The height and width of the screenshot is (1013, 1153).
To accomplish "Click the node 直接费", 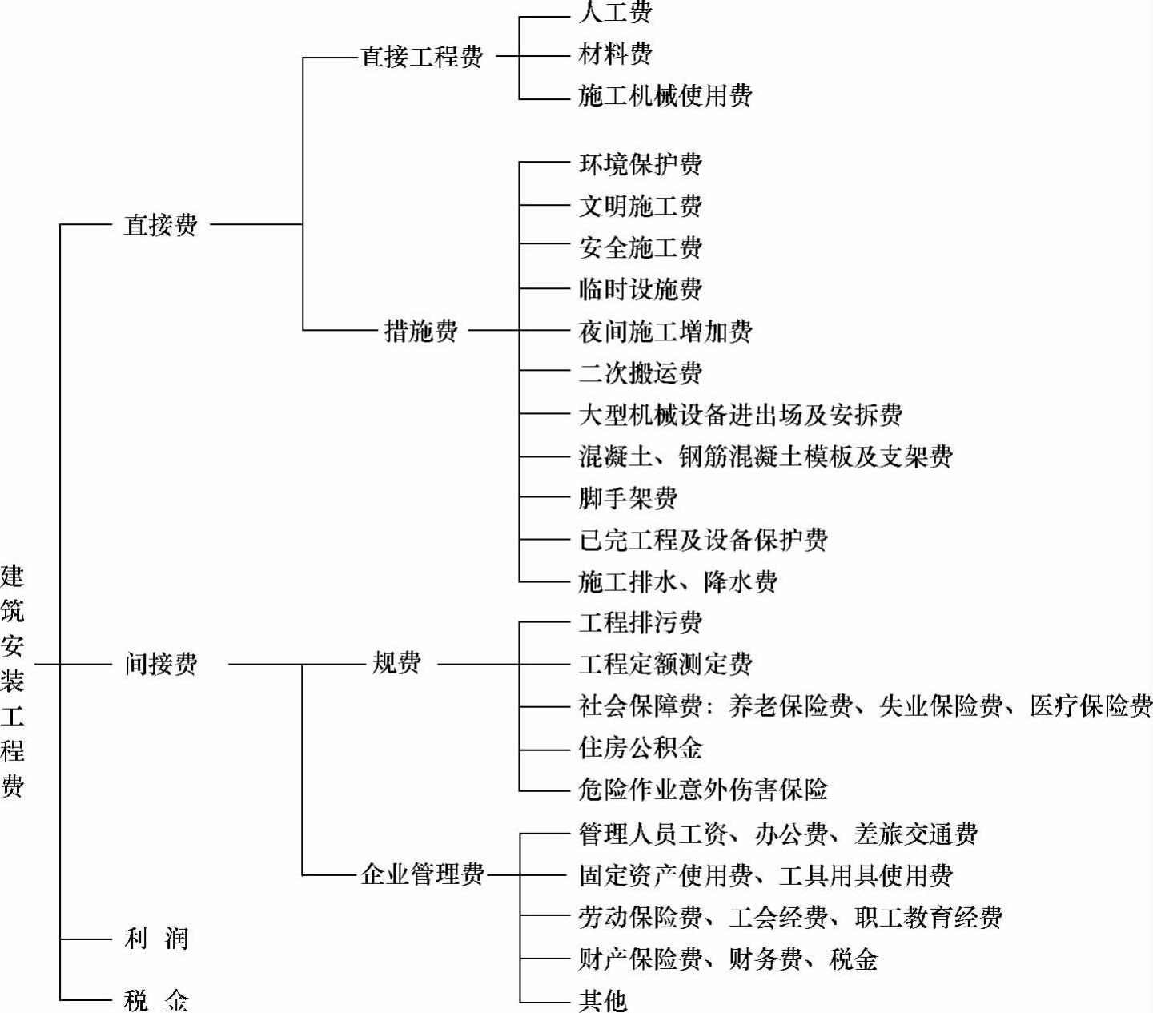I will pyautogui.click(x=160, y=225).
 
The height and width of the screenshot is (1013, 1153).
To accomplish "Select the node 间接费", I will pyautogui.click(x=160, y=664).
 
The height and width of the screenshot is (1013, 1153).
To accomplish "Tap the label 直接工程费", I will pyautogui.click(x=421, y=57).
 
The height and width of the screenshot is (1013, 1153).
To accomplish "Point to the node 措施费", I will pyautogui.click(x=421, y=330).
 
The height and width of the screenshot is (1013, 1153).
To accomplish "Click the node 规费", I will pyautogui.click(x=396, y=663).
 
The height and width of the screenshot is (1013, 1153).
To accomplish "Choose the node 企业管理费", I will pyautogui.click(x=422, y=874).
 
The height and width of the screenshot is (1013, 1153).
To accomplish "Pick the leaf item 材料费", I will pyautogui.click(x=615, y=54).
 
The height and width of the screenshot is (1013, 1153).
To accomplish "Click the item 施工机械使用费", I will pyautogui.click(x=665, y=96).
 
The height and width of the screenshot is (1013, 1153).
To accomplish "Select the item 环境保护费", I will pyautogui.click(x=640, y=164).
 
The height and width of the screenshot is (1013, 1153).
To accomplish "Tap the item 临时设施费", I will pyautogui.click(x=640, y=289).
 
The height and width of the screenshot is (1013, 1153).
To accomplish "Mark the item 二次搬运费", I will pyautogui.click(x=640, y=372).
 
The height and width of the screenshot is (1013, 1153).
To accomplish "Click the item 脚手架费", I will pyautogui.click(x=628, y=498).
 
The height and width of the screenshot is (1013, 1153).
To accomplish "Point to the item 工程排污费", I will pyautogui.click(x=640, y=622).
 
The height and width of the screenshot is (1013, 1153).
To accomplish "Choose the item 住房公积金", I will pyautogui.click(x=640, y=748).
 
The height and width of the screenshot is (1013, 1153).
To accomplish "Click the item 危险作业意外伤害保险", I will pyautogui.click(x=702, y=790).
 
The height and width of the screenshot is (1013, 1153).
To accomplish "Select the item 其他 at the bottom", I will pyautogui.click(x=602, y=1000).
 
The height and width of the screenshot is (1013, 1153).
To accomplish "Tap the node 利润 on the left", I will pyautogui.click(x=156, y=938).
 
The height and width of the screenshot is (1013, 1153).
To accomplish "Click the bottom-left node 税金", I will pyautogui.click(x=156, y=1000).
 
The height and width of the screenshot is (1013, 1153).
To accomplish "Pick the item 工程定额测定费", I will pyautogui.click(x=665, y=664).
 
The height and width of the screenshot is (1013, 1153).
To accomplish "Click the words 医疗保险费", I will pyautogui.click(x=1091, y=705).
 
